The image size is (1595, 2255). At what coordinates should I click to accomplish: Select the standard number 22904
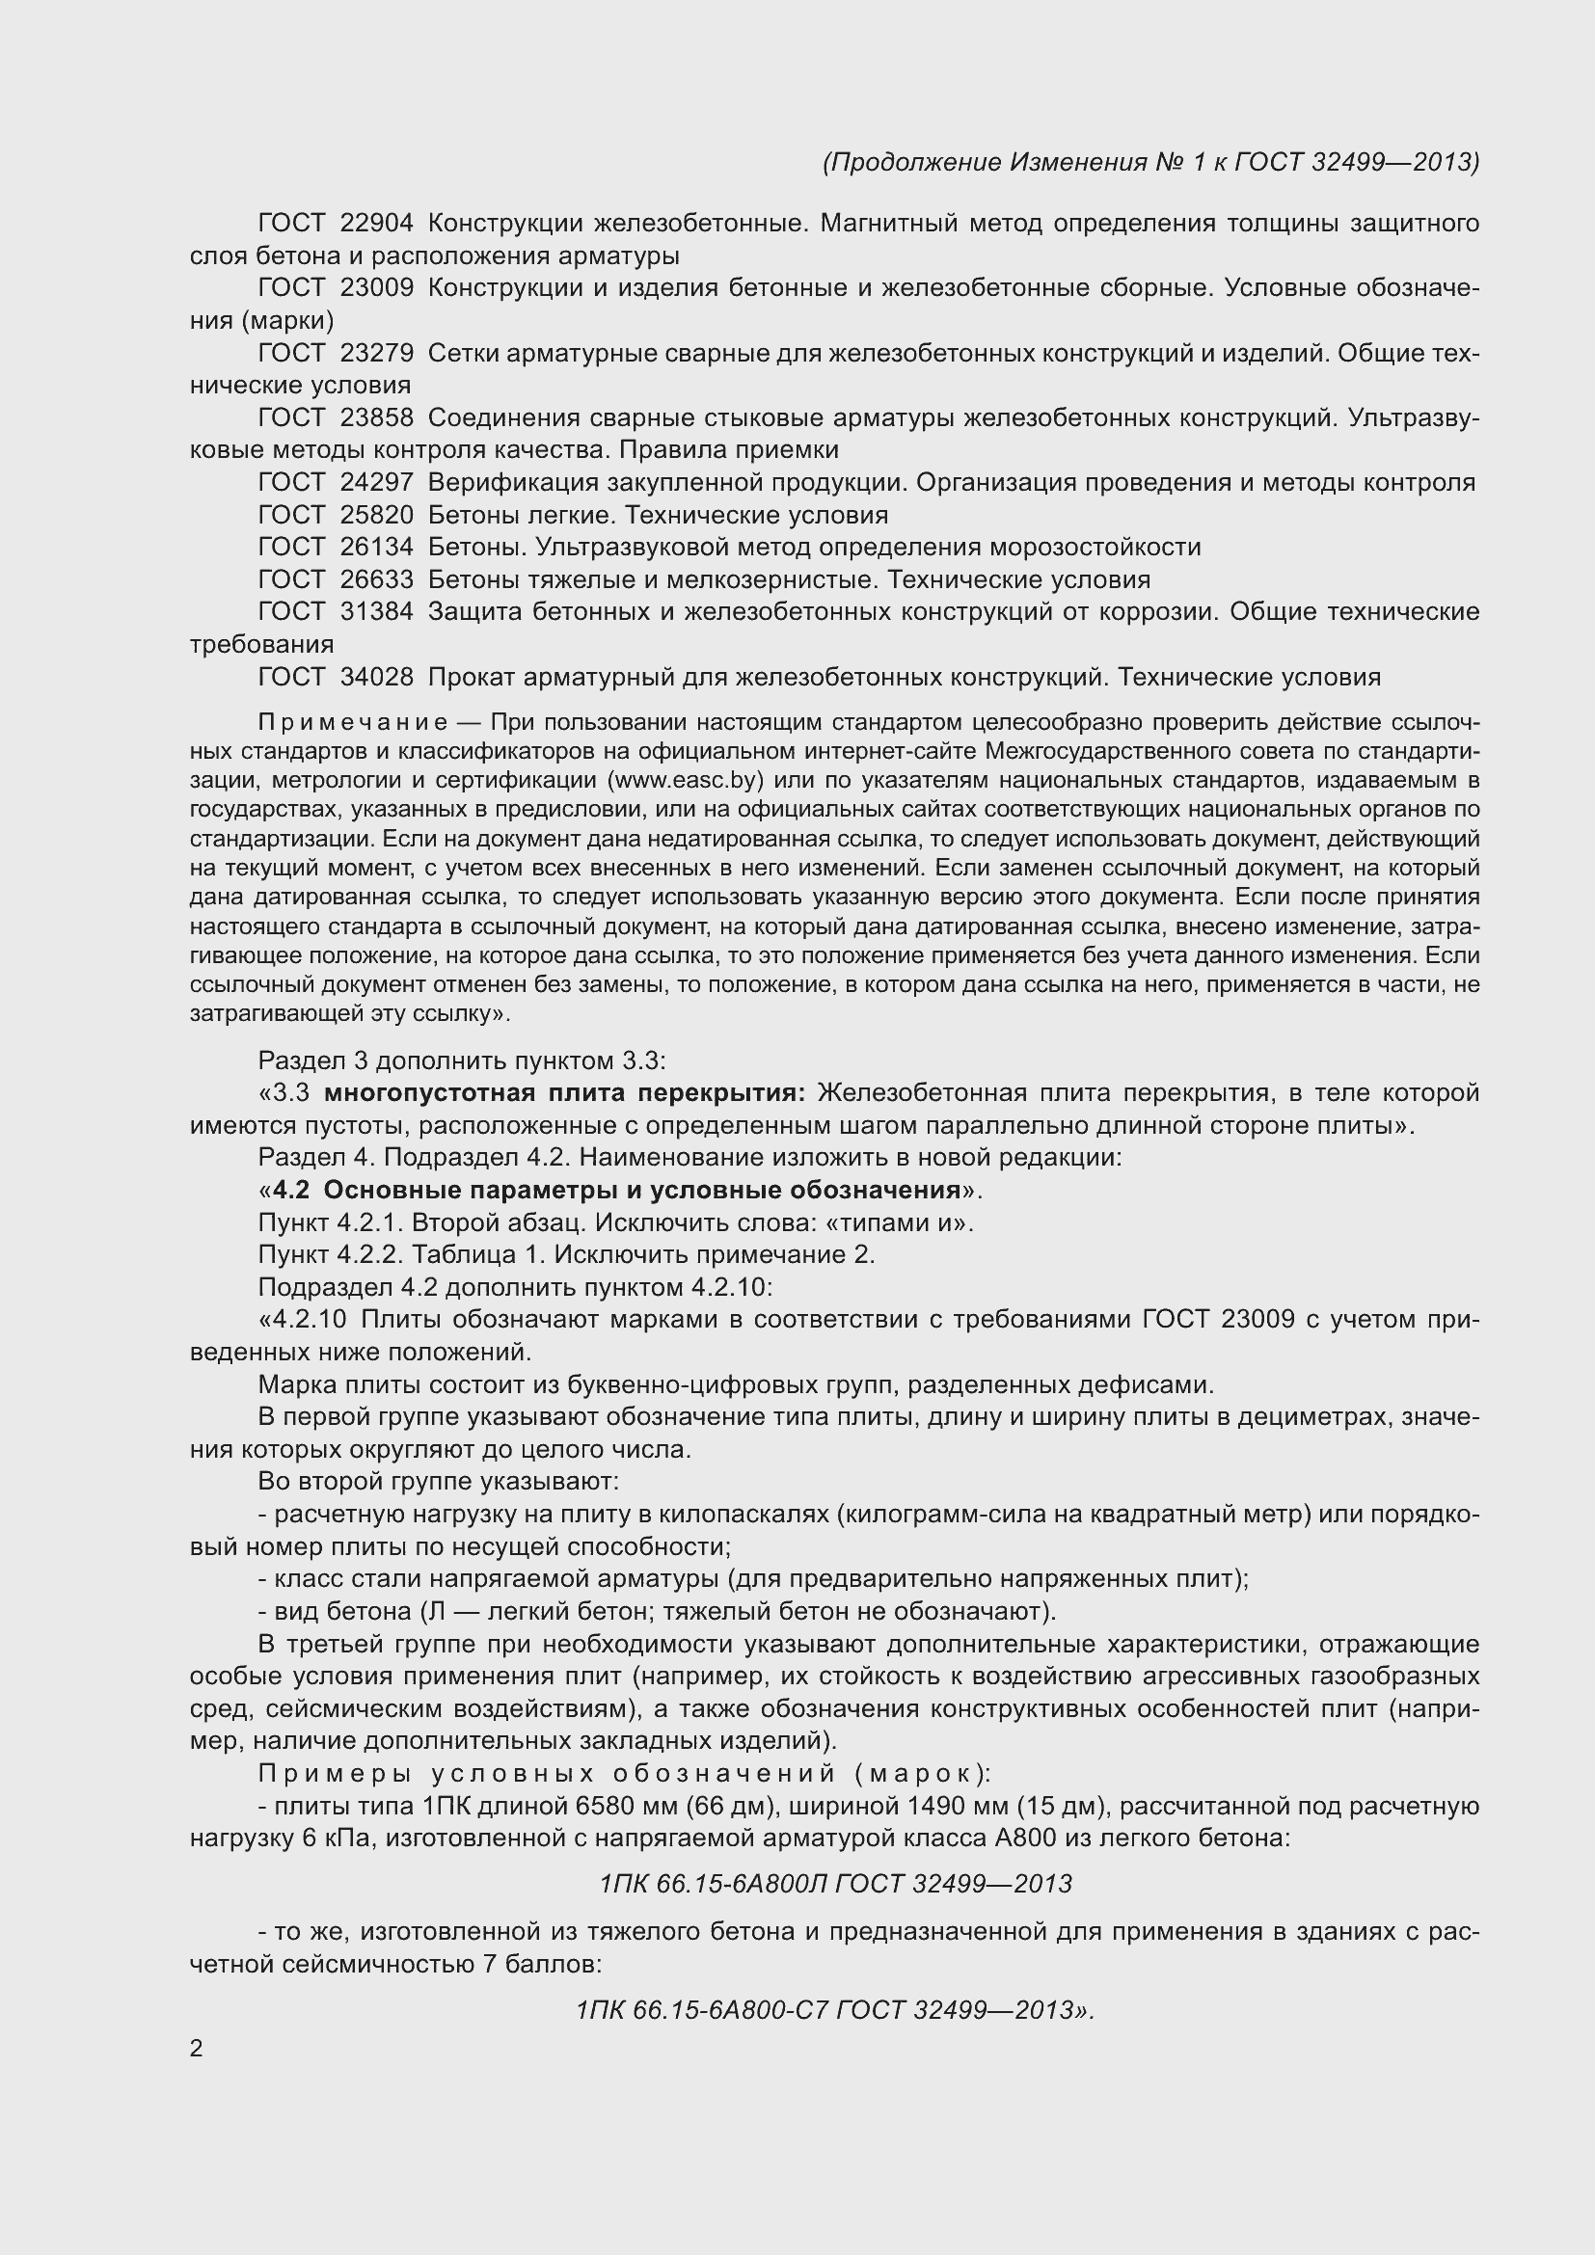tap(376, 224)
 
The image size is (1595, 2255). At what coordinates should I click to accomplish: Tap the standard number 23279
tap(376, 354)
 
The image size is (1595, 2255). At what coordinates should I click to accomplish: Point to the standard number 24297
tap(376, 482)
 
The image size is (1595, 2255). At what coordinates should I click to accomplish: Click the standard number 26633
tap(376, 579)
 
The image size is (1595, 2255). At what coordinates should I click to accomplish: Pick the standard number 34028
tap(376, 677)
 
